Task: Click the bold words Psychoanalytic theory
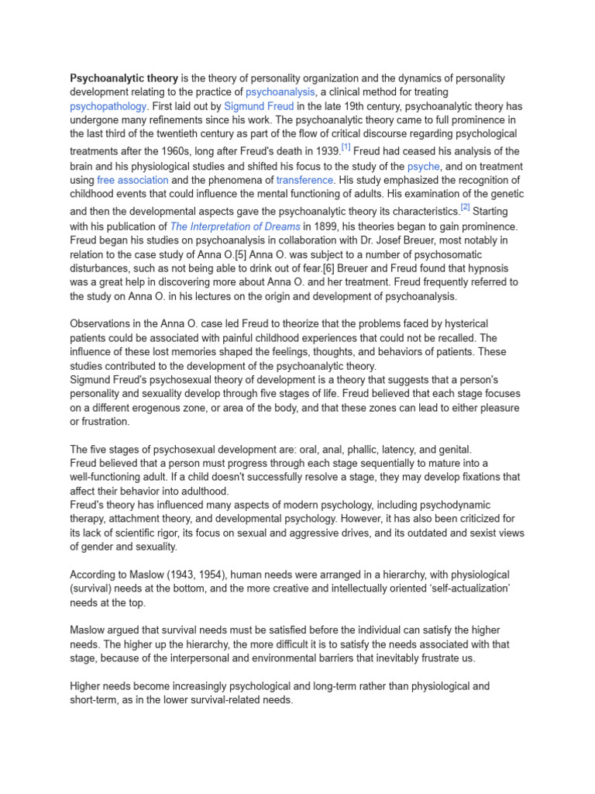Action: (124, 78)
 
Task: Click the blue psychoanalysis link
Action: (280, 92)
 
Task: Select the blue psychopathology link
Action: (108, 106)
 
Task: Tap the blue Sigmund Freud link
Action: (259, 106)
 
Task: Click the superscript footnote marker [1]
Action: (346, 147)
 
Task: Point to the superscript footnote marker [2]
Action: (465, 207)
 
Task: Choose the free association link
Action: (132, 180)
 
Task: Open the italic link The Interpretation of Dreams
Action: (235, 226)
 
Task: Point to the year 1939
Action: (325, 152)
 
